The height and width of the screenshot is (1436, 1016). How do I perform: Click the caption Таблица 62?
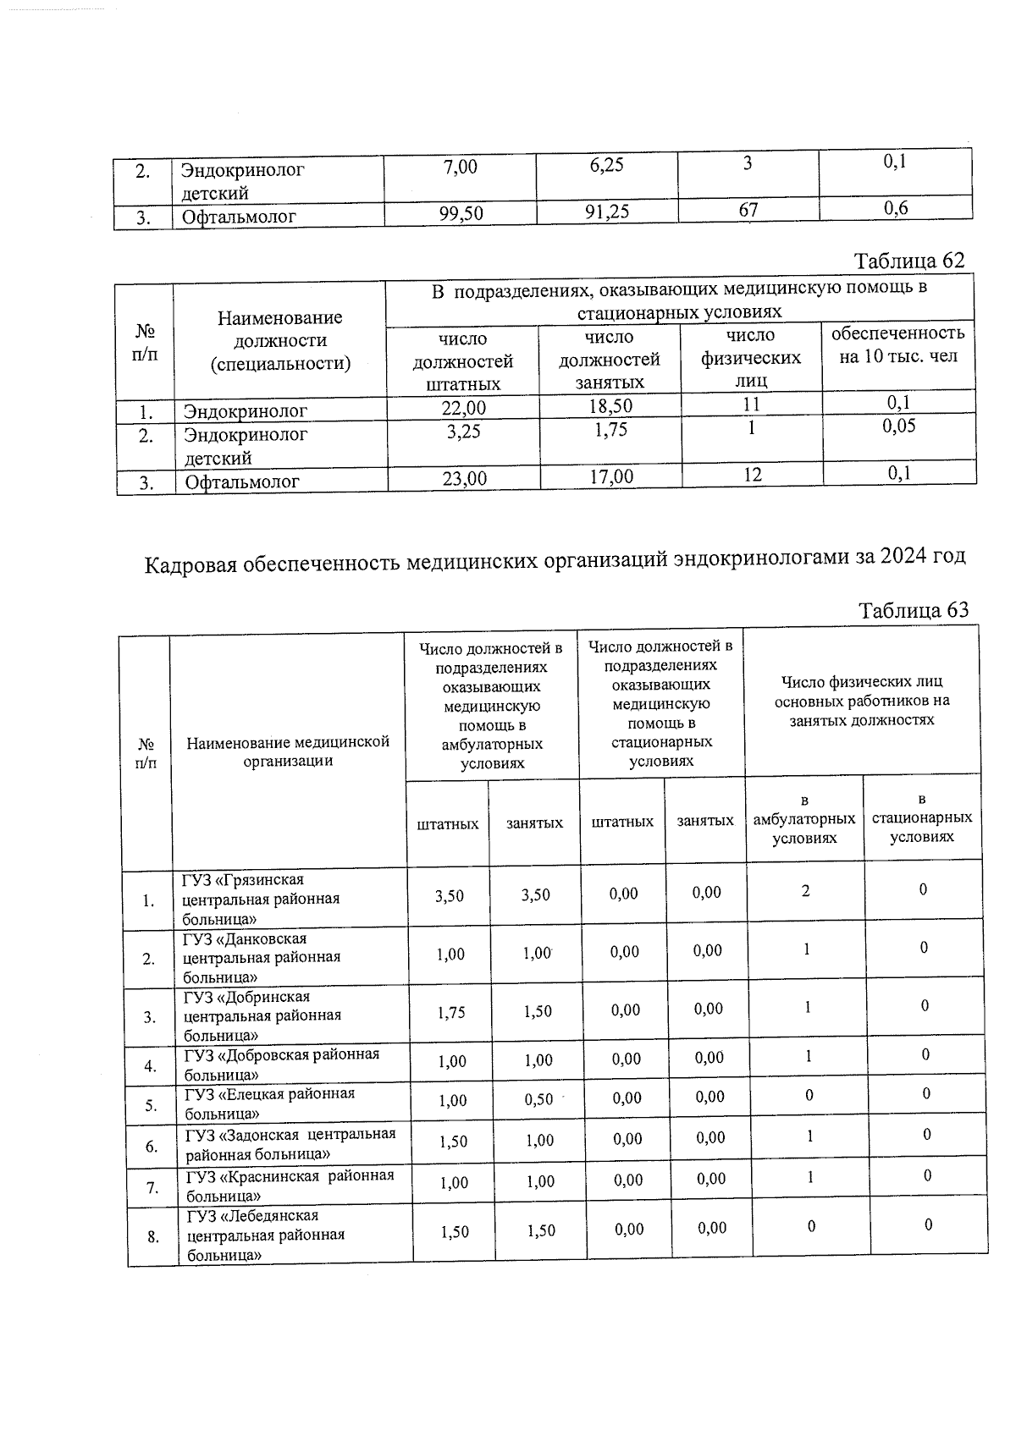click(908, 261)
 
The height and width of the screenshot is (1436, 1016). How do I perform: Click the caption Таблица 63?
click(913, 610)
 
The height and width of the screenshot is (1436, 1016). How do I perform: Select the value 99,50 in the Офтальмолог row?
click(461, 213)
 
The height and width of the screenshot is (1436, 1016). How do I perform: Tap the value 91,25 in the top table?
click(607, 212)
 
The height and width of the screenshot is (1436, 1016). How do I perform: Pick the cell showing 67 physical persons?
click(748, 209)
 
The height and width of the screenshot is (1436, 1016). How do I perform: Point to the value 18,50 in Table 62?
click(610, 405)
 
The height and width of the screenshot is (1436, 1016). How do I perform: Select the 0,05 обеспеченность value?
click(898, 426)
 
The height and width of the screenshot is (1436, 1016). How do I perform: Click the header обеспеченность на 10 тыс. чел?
click(897, 344)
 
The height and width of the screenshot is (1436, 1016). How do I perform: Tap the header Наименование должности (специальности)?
click(279, 340)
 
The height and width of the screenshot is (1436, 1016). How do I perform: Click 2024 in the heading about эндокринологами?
click(903, 557)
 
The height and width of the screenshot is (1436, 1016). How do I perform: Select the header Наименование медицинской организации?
click(288, 751)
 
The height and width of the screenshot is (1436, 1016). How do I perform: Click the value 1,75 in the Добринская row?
click(451, 1012)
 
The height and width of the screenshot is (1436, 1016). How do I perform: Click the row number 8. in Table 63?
click(153, 1236)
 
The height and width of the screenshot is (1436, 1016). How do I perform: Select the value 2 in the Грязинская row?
click(805, 890)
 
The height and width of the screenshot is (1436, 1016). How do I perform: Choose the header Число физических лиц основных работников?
click(861, 701)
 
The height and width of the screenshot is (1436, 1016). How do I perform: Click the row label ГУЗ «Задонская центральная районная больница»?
click(290, 1143)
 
